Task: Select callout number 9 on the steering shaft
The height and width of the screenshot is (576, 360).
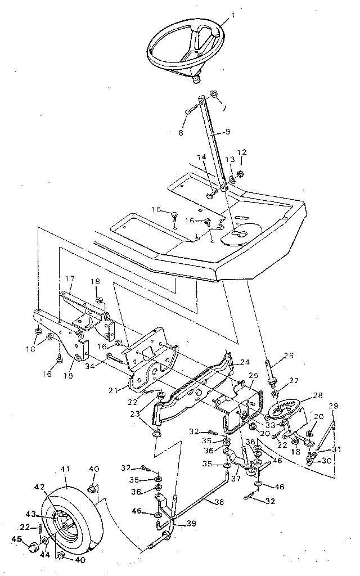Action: point(228,132)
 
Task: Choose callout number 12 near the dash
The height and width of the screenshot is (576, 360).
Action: point(242,152)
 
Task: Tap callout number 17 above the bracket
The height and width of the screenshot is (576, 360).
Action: point(70,278)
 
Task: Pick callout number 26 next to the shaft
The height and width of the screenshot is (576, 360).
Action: point(289,355)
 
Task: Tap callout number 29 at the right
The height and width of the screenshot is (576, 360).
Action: point(332,406)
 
